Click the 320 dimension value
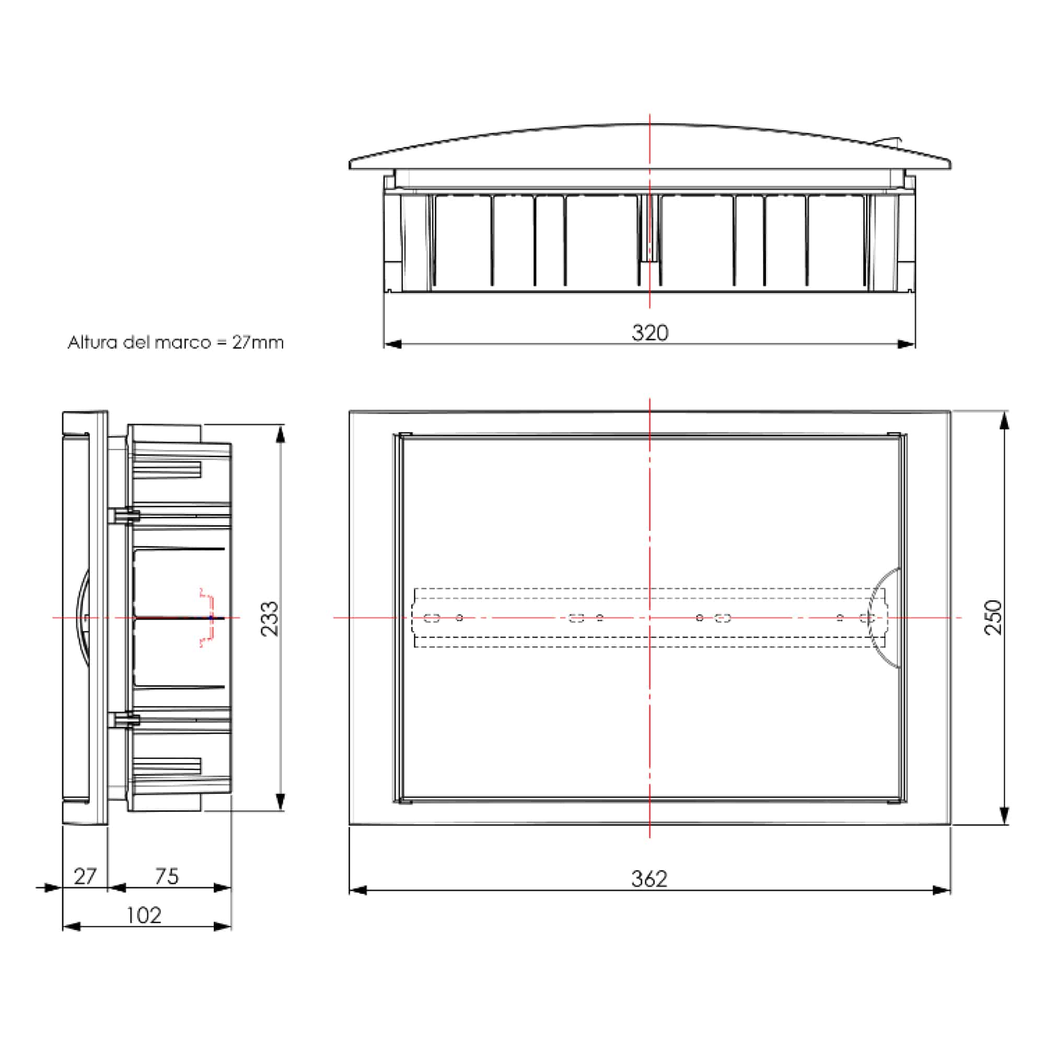pyautogui.click(x=649, y=333)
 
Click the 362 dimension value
pyautogui.click(x=649, y=879)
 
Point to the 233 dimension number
pyautogui.click(x=270, y=618)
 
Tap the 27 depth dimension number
pyautogui.click(x=85, y=877)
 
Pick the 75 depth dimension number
pyautogui.click(x=166, y=877)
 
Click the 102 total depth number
pyautogui.click(x=143, y=915)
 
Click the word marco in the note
pyautogui.click(x=182, y=342)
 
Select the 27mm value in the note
pyautogui.click(x=258, y=342)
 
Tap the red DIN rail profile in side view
pyautogui.click(x=206, y=617)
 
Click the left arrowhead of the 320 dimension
pyautogui.click(x=392, y=344)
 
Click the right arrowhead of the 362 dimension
pyautogui.click(x=942, y=890)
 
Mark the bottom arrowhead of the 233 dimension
pyautogui.click(x=280, y=801)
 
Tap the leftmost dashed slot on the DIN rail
pyautogui.click(x=431, y=618)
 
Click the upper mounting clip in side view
pyautogui.click(x=124, y=516)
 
